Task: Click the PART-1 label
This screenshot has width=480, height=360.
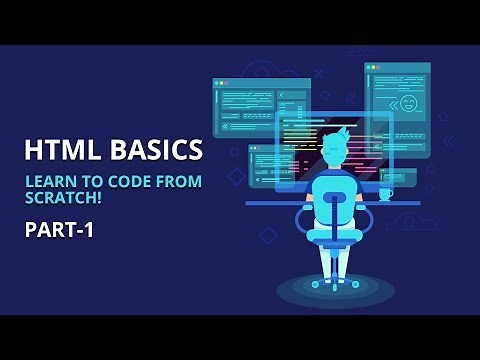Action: point(59,231)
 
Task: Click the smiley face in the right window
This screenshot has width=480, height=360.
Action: point(408,103)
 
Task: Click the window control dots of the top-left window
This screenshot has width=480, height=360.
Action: point(221,83)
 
